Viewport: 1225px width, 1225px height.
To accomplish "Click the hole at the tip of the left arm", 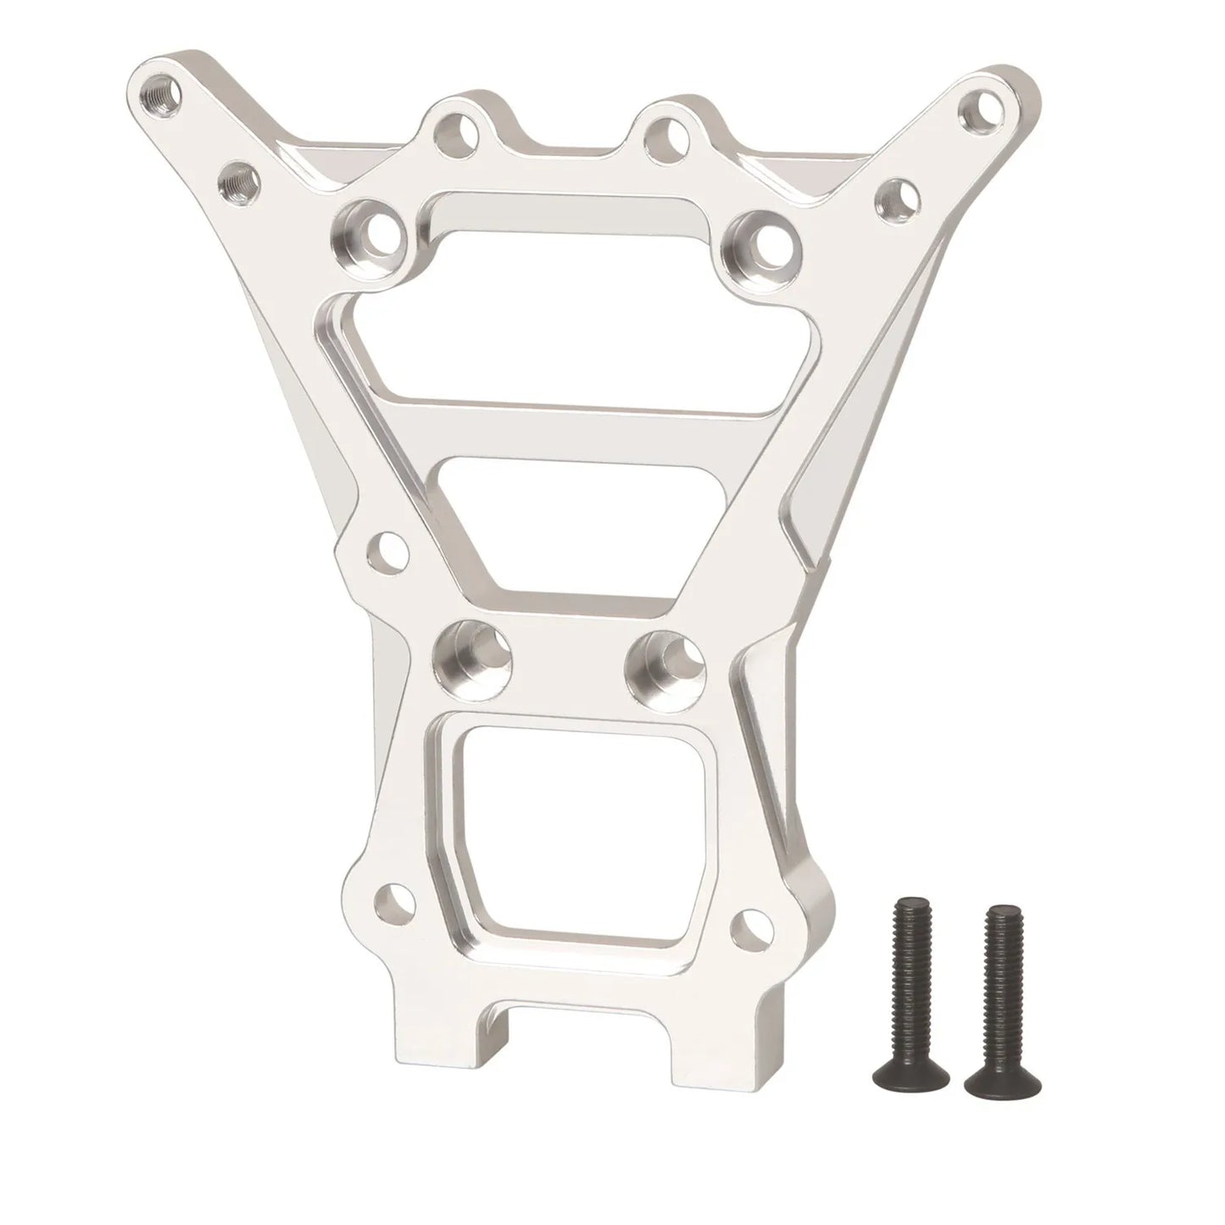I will point(160,93).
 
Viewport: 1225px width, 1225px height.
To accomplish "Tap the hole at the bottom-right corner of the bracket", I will point(750,923).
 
